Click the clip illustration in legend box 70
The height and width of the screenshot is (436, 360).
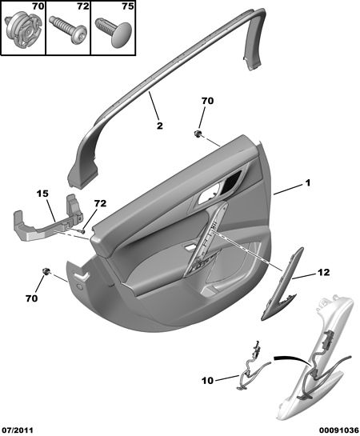[22, 30]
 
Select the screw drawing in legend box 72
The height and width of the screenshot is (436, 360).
[68, 29]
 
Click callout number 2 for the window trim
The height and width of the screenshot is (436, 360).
[159, 126]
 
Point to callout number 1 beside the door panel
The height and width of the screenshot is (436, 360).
[307, 183]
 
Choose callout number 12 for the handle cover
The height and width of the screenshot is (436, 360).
[323, 272]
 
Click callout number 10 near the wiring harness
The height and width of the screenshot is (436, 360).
[208, 380]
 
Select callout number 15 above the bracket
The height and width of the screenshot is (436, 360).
[42, 194]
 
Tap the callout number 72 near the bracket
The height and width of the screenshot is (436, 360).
[100, 203]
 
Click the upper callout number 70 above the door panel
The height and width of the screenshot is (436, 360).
[208, 101]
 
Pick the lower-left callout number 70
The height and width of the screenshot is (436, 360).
[31, 298]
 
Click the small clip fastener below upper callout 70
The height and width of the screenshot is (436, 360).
[198, 134]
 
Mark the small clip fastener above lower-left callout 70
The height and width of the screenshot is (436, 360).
[46, 271]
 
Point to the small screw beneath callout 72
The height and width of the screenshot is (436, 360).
[83, 231]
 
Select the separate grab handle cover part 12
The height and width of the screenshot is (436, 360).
[282, 284]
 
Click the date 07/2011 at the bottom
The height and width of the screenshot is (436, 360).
[17, 430]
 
